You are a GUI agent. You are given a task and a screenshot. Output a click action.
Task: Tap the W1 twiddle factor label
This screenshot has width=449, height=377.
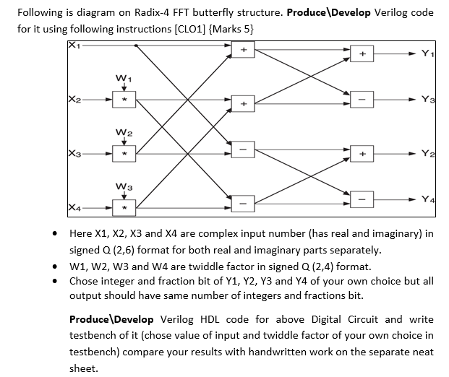123,76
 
